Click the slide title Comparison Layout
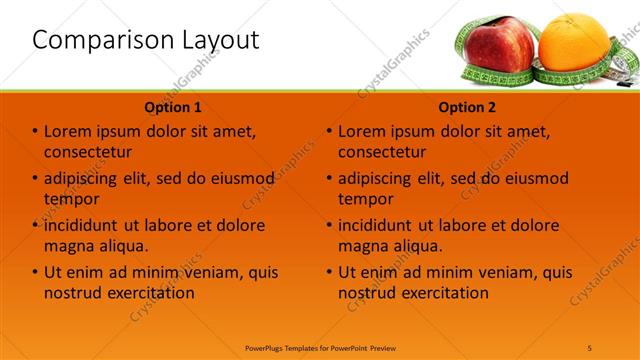pyautogui.click(x=146, y=40)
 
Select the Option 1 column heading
pyautogui.click(x=173, y=107)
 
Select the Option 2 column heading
pyautogui.click(x=467, y=107)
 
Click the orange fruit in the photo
pyautogui.click(x=573, y=46)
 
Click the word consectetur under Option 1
pyautogui.click(x=88, y=152)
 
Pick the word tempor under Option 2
pyautogui.click(x=365, y=199)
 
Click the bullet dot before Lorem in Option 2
pyautogui.click(x=329, y=132)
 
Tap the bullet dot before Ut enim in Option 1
pyautogui.click(x=35, y=272)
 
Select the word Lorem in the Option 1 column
pyautogui.click(x=68, y=132)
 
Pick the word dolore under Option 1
pyautogui.click(x=238, y=226)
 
